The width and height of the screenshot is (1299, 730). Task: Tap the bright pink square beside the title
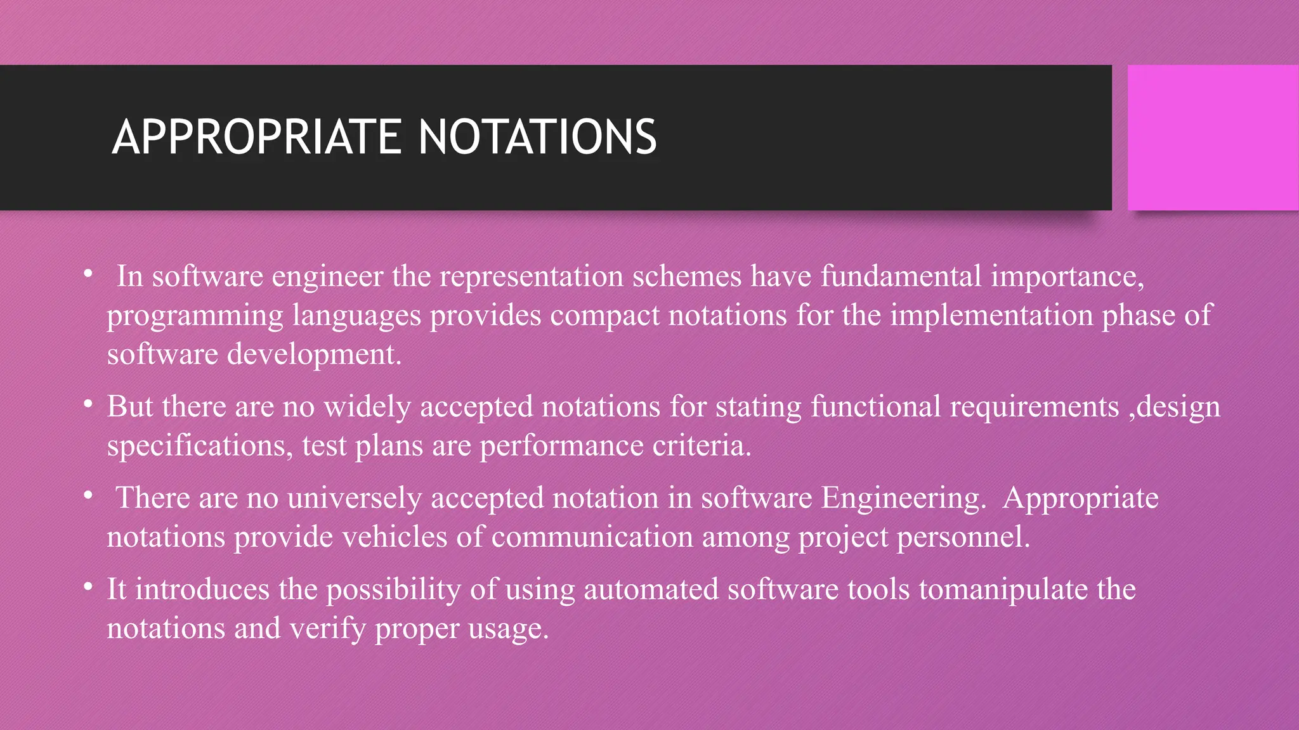[1213, 138]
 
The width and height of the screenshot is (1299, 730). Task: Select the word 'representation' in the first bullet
[532, 276]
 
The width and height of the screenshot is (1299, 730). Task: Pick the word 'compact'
[604, 315]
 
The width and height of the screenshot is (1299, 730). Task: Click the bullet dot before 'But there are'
[88, 404]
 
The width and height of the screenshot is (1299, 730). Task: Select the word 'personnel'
[963, 537]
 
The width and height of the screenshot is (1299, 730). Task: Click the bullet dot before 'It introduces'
[88, 587]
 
